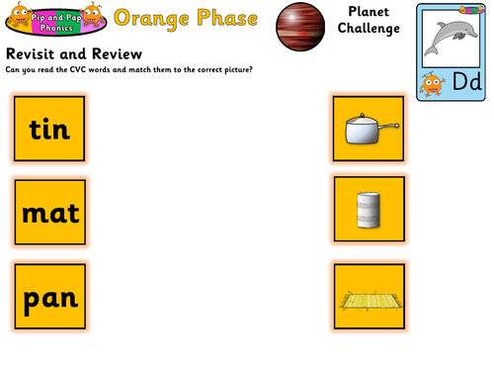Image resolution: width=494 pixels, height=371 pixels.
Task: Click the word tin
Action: (48, 129)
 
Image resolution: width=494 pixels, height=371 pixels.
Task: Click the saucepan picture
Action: (370, 130)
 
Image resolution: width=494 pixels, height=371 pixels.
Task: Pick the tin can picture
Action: (370, 211)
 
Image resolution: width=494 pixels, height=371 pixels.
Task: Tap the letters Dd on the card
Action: (465, 85)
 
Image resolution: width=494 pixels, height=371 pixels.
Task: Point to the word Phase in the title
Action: (228, 18)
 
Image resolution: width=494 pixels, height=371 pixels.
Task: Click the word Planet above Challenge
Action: (371, 11)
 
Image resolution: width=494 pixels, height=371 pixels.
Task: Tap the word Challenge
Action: (371, 29)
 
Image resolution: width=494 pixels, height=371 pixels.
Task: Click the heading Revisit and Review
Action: (74, 52)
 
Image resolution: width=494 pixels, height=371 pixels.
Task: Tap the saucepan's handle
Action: (390, 125)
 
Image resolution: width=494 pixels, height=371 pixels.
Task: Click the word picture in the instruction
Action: (233, 68)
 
